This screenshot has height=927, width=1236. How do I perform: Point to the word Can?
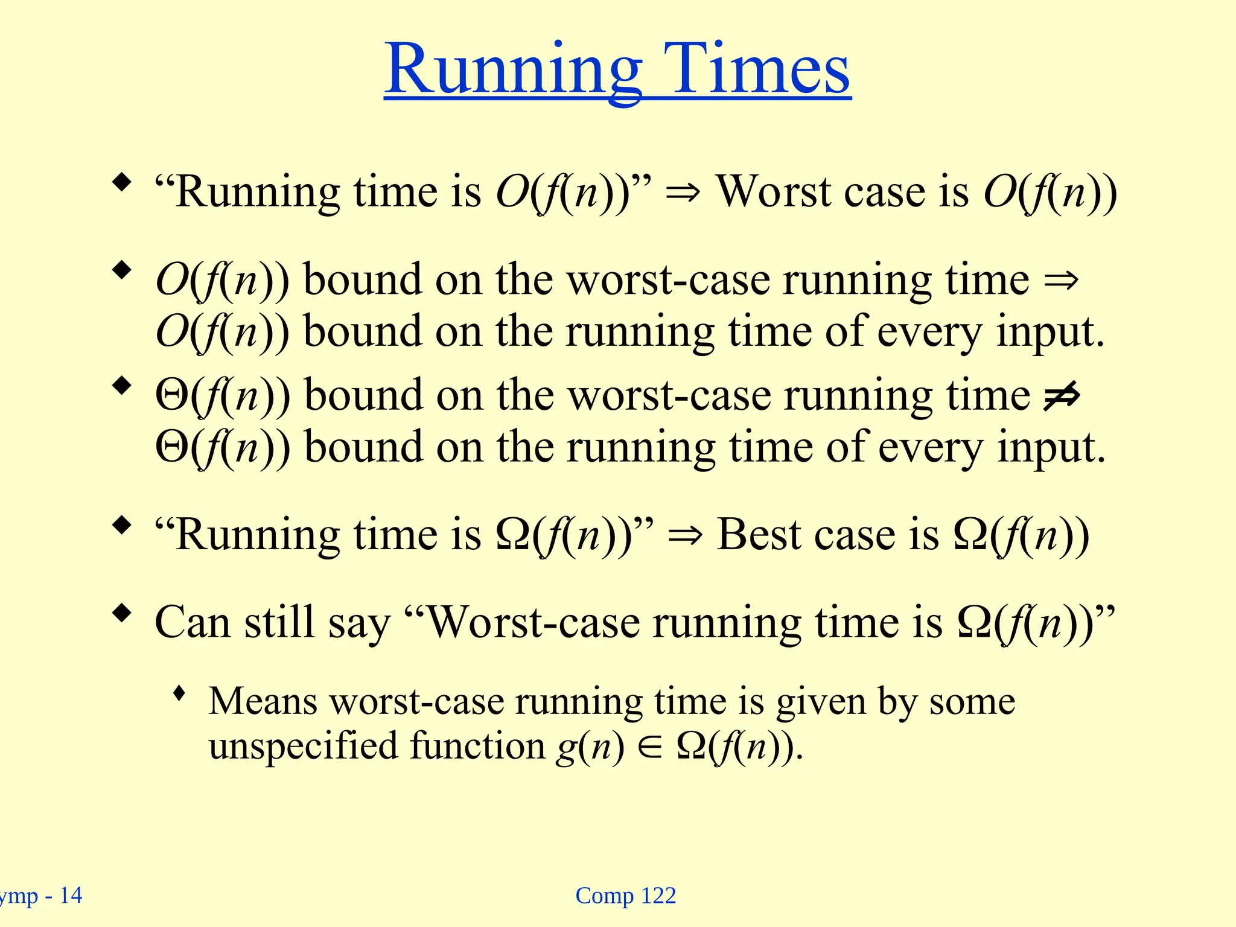(192, 622)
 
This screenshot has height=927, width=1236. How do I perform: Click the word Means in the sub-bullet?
(263, 701)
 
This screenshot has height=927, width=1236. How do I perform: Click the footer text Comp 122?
(625, 896)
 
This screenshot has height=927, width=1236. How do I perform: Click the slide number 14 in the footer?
(71, 896)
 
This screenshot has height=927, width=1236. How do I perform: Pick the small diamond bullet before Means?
(179, 693)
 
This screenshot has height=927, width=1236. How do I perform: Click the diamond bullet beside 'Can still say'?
(123, 614)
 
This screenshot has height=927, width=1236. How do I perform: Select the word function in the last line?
(477, 746)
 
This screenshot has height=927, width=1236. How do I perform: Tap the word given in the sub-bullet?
(821, 702)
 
